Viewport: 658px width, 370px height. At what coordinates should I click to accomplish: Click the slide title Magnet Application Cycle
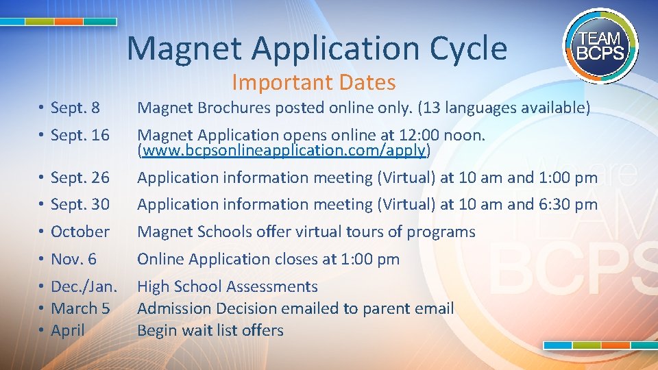(317, 49)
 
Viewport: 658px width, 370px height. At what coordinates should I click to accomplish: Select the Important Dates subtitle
(313, 82)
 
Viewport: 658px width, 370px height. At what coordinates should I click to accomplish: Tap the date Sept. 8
(75, 108)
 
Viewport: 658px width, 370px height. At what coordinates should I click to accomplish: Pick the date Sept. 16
(80, 136)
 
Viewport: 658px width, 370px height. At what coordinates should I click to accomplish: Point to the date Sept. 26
(80, 177)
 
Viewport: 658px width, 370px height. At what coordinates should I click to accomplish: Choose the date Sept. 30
(80, 204)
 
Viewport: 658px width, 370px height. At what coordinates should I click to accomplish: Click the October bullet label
(80, 232)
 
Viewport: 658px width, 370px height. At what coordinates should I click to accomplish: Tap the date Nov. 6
(73, 259)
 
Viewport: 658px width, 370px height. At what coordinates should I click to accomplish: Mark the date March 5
(80, 308)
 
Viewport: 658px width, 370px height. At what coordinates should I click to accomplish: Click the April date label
(68, 330)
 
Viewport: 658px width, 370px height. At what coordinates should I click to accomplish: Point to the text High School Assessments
(228, 286)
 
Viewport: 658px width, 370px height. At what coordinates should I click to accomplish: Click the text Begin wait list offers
(210, 330)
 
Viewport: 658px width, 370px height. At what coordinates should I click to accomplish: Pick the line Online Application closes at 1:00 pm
(268, 259)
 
